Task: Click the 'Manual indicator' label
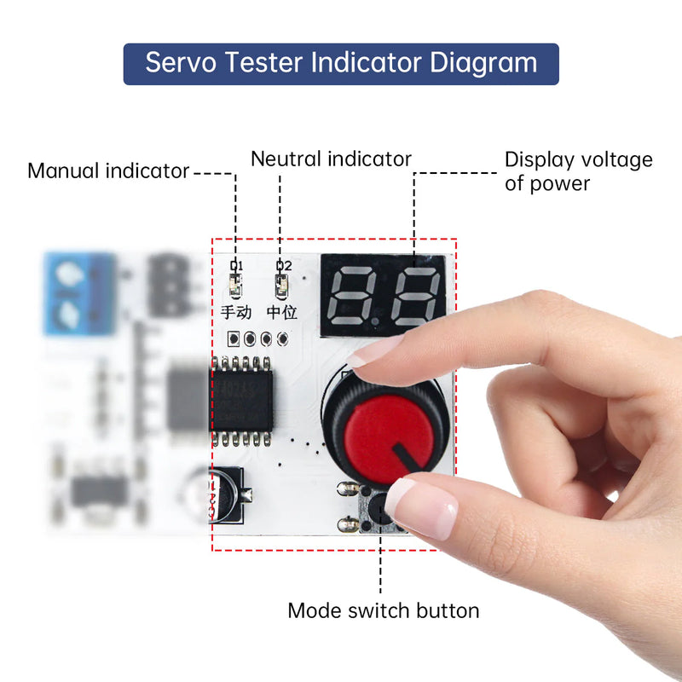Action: tap(108, 171)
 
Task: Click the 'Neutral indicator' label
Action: tap(331, 159)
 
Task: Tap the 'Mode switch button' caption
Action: tap(383, 610)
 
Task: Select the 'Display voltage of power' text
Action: tap(578, 171)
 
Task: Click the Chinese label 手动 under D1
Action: tap(236, 313)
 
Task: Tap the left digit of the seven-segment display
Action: tap(351, 295)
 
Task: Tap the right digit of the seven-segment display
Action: tap(414, 295)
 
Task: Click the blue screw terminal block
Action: tap(80, 292)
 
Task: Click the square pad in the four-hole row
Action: tap(233, 338)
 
